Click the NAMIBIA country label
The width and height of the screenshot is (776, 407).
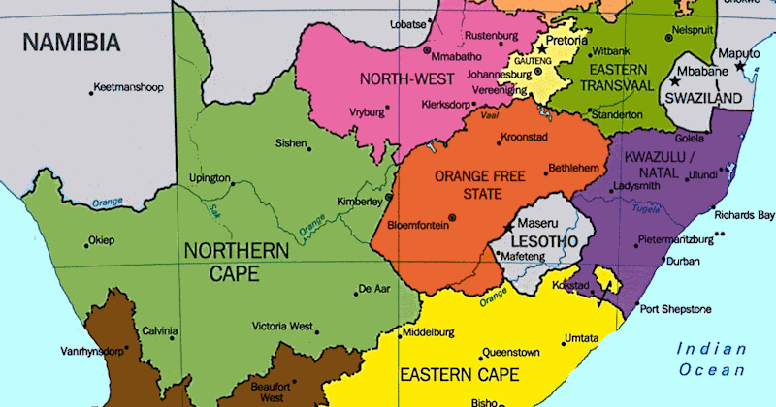pos(72,43)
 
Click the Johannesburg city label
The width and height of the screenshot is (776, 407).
pos(491,74)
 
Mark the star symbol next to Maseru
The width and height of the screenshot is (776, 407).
pos(508,226)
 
